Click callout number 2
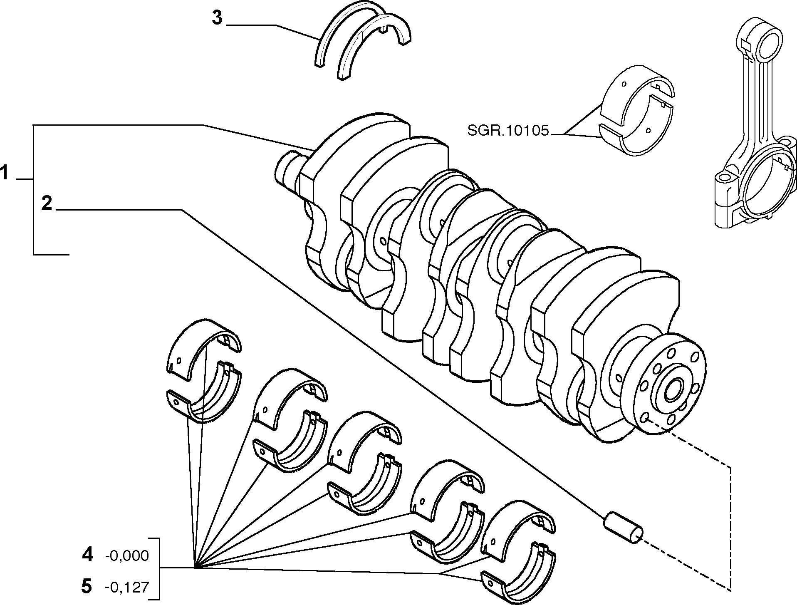point(47,203)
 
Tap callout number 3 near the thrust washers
point(218,18)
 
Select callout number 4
point(87,555)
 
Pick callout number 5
point(87,586)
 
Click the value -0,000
point(127,556)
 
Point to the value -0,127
point(127,587)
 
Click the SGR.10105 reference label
point(508,131)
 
